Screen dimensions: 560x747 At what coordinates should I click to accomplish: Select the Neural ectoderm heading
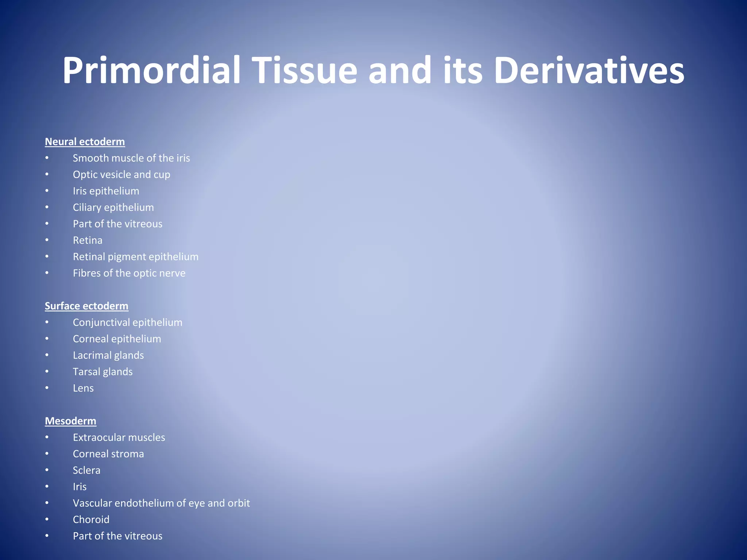tap(85, 142)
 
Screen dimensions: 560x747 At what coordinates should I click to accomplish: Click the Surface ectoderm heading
tap(86, 306)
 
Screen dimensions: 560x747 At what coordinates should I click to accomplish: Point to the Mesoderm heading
tap(70, 421)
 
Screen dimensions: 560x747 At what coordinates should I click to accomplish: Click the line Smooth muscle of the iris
tap(131, 158)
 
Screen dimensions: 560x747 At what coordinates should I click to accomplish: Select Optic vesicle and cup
tap(121, 175)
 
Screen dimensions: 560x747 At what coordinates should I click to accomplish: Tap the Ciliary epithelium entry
tap(113, 207)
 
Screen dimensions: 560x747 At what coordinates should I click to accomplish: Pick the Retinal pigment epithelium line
tap(136, 257)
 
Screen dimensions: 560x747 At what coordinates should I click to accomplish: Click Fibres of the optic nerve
tap(129, 273)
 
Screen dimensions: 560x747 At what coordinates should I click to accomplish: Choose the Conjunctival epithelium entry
tap(127, 322)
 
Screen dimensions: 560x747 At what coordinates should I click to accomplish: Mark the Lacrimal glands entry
tap(108, 355)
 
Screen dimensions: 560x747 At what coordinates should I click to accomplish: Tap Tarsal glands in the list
tap(102, 372)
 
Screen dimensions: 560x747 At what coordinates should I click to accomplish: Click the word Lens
tap(83, 388)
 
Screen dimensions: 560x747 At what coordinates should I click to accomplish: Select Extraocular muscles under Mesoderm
tap(119, 437)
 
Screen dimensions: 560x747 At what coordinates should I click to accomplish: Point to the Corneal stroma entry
tap(108, 454)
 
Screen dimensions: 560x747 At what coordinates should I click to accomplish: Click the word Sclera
tap(86, 470)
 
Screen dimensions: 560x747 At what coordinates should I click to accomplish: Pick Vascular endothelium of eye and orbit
tap(161, 503)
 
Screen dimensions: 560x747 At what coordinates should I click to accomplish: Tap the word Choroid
tap(91, 520)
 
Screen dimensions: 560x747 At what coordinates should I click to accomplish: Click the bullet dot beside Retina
tap(47, 240)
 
